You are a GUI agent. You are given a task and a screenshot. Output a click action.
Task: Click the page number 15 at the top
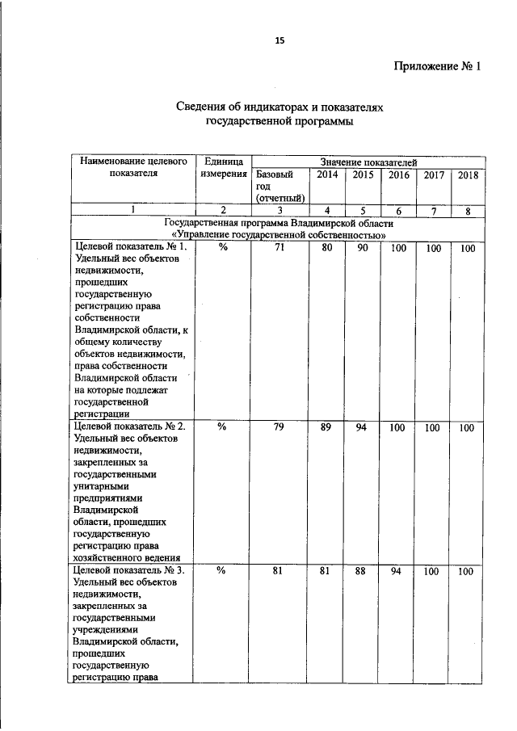click(x=280, y=40)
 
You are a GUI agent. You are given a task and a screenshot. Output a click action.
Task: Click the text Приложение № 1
click(x=437, y=66)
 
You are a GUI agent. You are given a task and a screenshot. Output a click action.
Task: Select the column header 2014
click(x=327, y=174)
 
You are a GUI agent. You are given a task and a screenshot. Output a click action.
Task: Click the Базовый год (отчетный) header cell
click(x=280, y=186)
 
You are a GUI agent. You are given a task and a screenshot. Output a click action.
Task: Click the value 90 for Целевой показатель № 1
click(x=362, y=248)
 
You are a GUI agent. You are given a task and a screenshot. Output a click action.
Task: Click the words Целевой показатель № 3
click(x=129, y=571)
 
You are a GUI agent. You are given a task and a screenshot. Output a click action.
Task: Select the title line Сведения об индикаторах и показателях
click(x=279, y=107)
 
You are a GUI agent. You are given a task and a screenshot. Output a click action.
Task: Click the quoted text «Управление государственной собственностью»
click(x=279, y=234)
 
